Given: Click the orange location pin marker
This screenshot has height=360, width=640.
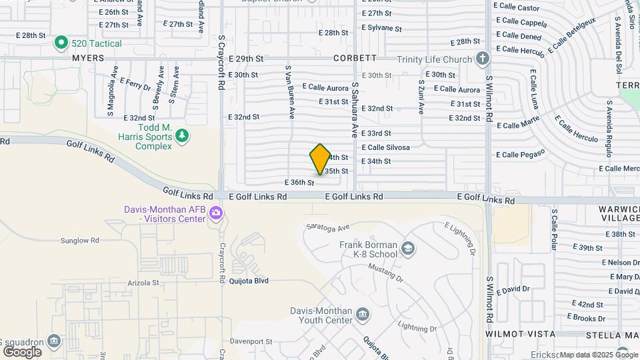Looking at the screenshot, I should coord(320,159).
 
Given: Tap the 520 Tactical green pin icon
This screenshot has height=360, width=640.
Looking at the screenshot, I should coord(61,43).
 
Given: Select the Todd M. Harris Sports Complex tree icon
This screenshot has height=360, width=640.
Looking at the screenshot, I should coord(182,136).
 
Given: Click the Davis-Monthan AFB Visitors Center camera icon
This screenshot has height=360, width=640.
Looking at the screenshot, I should coord(215,213).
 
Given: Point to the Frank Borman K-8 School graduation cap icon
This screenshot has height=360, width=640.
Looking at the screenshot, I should coord(407,249).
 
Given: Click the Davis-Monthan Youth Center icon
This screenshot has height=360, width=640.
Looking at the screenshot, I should coord(362,315).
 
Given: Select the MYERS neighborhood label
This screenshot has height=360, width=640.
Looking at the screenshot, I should coord(89,58).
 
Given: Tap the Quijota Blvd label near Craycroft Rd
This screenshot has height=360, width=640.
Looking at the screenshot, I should coord(250,281).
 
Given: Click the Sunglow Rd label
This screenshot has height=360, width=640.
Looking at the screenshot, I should coord(79,240).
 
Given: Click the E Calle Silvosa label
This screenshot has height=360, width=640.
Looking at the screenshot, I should coord(385,147).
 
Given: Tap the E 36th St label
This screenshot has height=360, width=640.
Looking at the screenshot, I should coord(299,182).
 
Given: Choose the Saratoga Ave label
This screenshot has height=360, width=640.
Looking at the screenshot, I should coord(328,227).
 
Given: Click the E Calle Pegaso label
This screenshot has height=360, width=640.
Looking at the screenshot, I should coord(523,154).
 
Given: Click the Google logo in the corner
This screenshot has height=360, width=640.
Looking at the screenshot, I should coord(23,351).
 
